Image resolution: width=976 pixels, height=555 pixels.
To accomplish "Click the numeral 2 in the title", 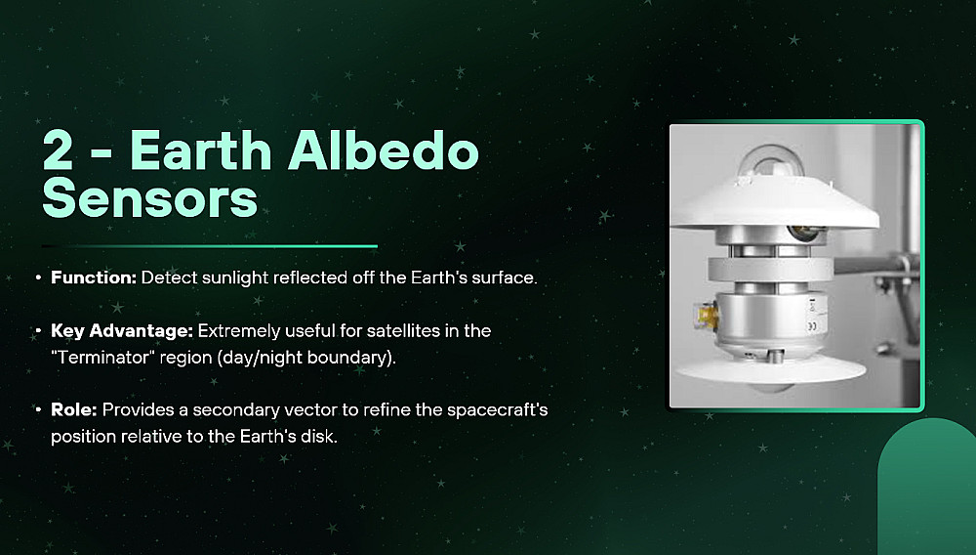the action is pos(58,151).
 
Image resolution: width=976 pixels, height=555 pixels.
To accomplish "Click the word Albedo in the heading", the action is pos(384,150).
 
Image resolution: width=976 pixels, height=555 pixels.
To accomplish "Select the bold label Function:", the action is pos(94,277).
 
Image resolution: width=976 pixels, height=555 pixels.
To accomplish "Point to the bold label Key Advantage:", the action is pos(122,331).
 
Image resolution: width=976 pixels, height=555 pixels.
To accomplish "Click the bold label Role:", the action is pos(73,409).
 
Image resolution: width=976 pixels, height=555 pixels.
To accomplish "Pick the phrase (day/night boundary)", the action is pos(308,358).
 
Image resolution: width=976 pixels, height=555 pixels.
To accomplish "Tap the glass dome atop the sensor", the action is pos(769,162).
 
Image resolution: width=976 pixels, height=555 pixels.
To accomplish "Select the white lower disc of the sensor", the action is pos(770,370).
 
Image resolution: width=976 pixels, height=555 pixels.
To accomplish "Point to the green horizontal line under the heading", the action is pos(210,246).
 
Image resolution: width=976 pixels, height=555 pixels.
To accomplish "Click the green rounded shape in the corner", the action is pos(927,486).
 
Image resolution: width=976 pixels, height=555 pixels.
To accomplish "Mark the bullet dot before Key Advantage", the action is pos(39,331).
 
